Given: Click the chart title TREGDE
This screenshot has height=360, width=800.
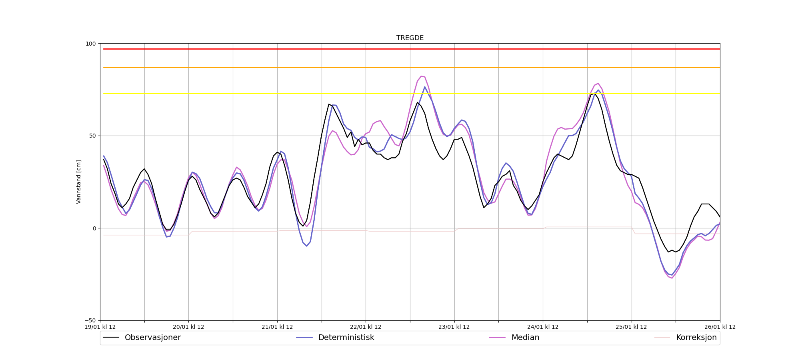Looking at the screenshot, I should [x=410, y=38].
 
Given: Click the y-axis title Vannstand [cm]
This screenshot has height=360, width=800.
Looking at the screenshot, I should [x=79, y=182].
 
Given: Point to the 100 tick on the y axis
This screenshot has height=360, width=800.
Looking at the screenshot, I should [x=91, y=44].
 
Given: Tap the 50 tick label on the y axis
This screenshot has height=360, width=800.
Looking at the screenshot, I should [x=93, y=136].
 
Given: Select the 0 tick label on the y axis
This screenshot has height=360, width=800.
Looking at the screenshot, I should [x=94, y=228].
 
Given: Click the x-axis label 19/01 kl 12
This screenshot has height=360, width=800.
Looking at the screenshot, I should [x=100, y=327].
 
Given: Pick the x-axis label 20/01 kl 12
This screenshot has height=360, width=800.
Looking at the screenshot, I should [x=188, y=327].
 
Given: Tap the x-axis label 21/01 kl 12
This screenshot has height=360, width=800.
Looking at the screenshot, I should [x=277, y=327].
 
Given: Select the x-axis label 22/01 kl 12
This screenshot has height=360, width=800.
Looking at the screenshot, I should [x=366, y=327].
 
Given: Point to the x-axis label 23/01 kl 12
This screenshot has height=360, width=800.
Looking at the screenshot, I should [x=454, y=327].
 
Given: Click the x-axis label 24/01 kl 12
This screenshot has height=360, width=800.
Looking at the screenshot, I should [x=543, y=327].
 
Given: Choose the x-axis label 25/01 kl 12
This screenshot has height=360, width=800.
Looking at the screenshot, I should [x=631, y=327].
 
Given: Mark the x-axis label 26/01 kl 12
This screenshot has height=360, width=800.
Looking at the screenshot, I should [x=720, y=327].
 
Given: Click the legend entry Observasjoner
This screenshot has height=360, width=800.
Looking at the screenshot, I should [x=152, y=338].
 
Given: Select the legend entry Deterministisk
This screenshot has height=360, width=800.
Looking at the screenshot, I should [x=346, y=338].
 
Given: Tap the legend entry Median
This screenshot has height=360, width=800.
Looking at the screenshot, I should [x=525, y=338].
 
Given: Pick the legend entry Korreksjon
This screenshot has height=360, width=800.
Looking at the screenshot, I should [x=696, y=338].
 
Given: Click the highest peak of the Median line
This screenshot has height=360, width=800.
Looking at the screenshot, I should [x=421, y=76].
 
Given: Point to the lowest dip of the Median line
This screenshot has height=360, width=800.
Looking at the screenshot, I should [x=672, y=278].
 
